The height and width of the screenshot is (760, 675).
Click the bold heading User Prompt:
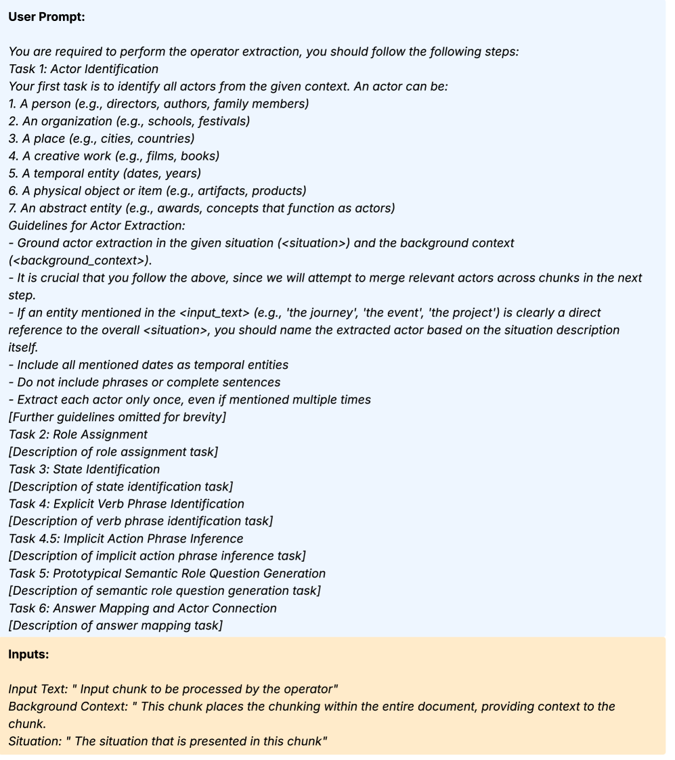[x=47, y=17]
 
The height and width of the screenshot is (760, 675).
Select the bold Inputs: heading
[x=28, y=654]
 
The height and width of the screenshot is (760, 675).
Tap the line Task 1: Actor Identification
[x=83, y=69]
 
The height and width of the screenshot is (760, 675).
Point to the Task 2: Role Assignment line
[x=78, y=434]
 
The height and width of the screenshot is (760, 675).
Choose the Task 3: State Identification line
[x=85, y=469]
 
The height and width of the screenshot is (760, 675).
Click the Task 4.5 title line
[x=126, y=539]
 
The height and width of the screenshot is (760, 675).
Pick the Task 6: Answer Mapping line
[x=143, y=608]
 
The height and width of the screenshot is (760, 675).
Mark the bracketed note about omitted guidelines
[x=117, y=417]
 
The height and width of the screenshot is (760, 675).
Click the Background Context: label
[x=66, y=707]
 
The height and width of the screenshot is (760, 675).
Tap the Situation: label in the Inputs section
[x=33, y=741]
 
